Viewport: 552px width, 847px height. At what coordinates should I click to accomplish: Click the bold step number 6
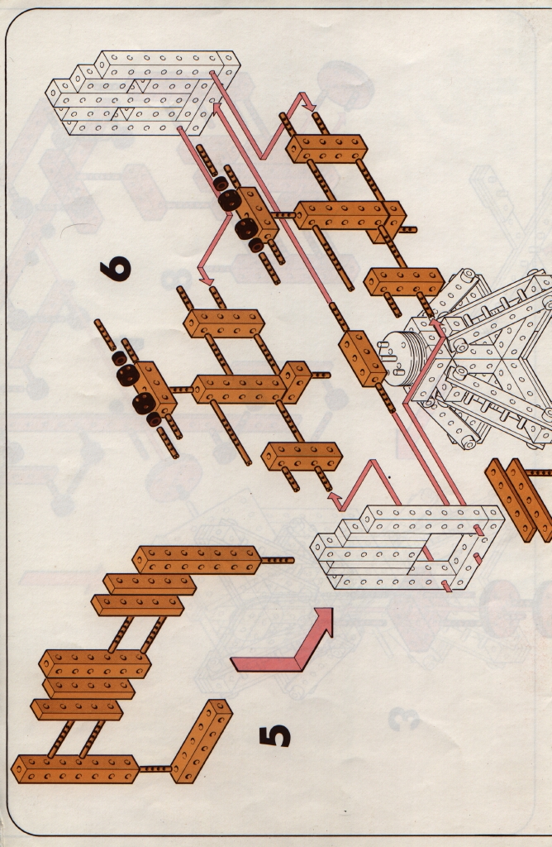[x=116, y=268]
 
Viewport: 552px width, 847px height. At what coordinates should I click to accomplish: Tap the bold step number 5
[x=274, y=736]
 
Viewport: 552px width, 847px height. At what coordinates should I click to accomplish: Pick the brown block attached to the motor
[x=363, y=359]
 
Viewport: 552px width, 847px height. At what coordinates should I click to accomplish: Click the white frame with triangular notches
[x=143, y=93]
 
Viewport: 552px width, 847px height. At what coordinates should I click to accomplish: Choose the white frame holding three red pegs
[x=407, y=548]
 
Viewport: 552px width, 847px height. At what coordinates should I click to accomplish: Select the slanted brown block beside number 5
[x=202, y=741]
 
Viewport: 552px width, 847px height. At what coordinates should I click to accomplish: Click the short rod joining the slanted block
[x=155, y=768]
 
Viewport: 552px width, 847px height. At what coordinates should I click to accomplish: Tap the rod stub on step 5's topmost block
[x=277, y=561]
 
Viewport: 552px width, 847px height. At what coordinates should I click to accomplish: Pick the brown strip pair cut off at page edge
[x=519, y=500]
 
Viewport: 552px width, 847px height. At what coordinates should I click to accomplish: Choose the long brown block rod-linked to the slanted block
[x=75, y=769]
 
